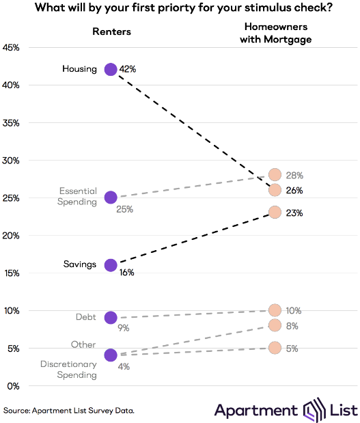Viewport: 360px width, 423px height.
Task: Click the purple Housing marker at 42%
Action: click(111, 69)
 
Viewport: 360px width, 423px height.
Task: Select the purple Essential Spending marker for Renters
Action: click(111, 197)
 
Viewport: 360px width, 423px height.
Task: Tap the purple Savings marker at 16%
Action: click(111, 265)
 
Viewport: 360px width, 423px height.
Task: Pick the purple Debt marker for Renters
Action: click(111, 317)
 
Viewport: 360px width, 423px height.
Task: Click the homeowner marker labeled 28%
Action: click(275, 175)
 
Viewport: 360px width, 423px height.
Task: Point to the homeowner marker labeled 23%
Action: click(275, 213)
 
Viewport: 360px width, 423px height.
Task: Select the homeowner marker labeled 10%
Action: click(275, 310)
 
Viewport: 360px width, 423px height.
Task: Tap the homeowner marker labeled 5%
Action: click(275, 348)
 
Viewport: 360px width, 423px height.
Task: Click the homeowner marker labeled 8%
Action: click(275, 325)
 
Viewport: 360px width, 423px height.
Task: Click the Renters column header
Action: click(111, 31)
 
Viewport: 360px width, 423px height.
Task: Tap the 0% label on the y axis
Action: click(12, 385)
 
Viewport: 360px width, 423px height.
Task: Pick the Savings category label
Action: click(81, 264)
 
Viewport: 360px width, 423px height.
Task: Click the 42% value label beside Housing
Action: click(128, 69)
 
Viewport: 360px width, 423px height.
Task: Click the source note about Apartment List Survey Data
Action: click(68, 410)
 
